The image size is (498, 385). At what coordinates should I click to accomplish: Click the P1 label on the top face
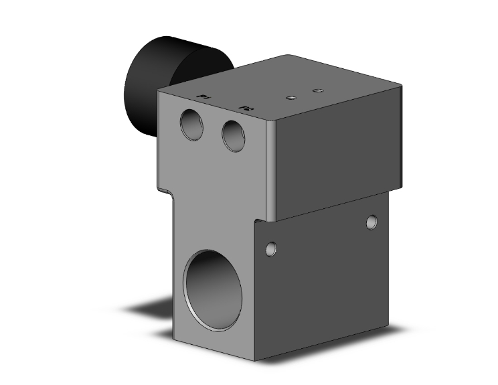coord(203,98)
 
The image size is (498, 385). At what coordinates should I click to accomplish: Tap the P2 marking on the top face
coord(246,106)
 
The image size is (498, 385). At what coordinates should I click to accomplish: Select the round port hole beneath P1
coord(192,125)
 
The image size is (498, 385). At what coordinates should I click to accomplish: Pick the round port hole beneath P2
coord(234,135)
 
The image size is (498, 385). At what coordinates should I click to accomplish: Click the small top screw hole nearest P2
coord(290,98)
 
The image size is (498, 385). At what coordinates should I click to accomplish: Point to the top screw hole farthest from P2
coord(318,89)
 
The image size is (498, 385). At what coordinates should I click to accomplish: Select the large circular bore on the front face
coord(214,290)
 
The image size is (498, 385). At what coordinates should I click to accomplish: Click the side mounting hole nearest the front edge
coord(270,249)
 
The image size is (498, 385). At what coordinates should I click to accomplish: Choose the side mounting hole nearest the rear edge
coord(372,222)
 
